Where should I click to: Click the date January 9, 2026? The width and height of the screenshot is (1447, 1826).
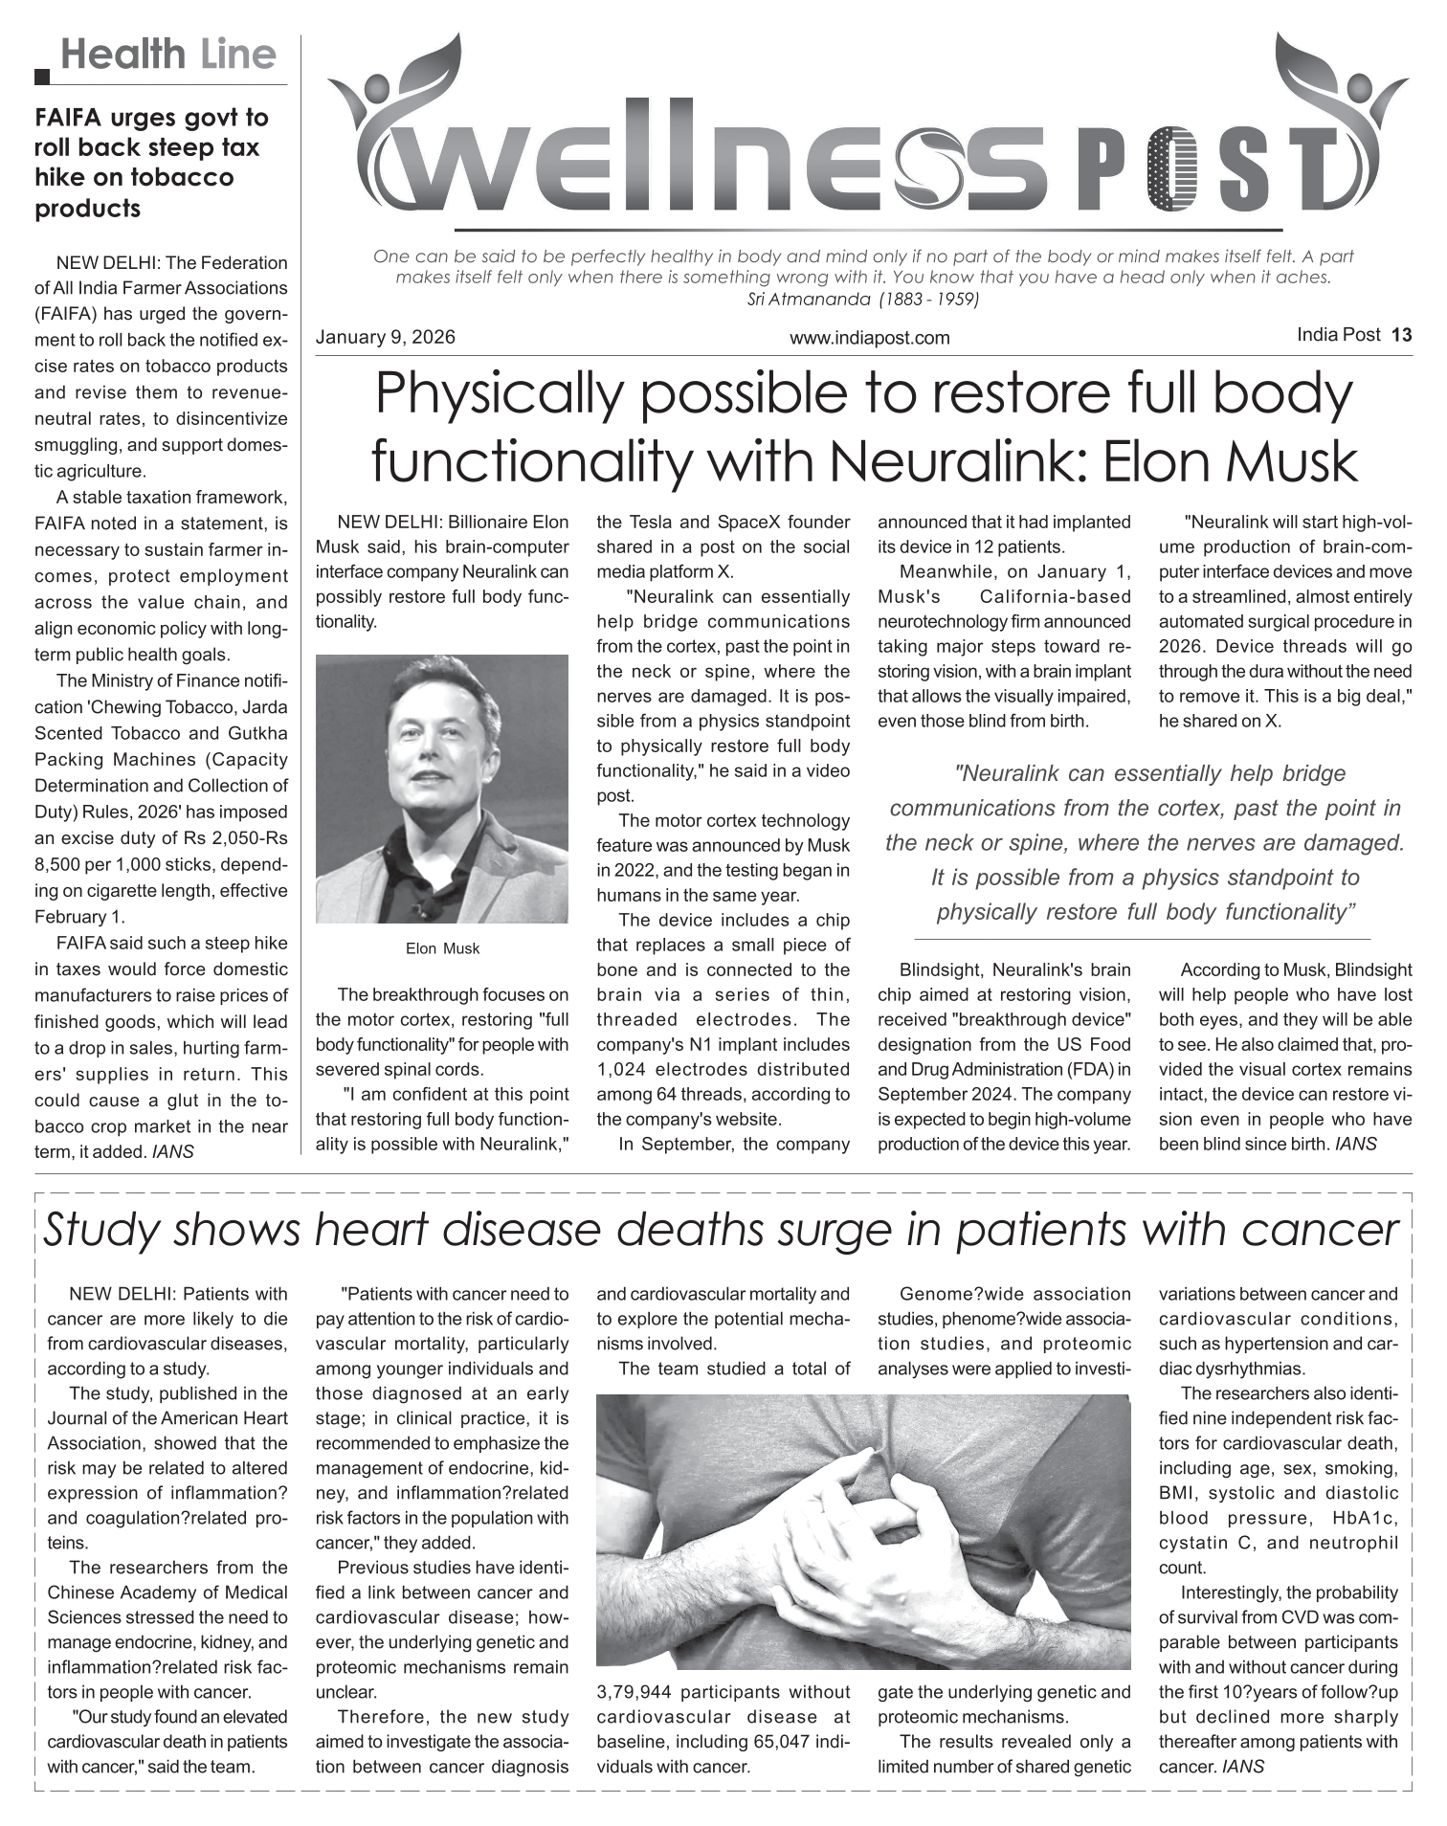coord(386,338)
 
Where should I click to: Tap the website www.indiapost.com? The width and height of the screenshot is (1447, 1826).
coord(869,338)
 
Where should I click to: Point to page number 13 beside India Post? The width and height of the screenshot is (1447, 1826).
coord(1402,335)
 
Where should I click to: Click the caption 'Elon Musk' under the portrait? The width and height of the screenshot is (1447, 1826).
coord(442,948)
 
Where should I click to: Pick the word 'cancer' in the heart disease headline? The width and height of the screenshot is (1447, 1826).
coord(1326,1230)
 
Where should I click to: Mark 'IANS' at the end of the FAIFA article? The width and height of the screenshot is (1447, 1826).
coord(173,1152)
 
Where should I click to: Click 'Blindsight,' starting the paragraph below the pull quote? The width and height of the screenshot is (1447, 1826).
coord(941,969)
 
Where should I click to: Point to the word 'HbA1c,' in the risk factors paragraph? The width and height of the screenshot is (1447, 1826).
coord(1365,1518)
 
